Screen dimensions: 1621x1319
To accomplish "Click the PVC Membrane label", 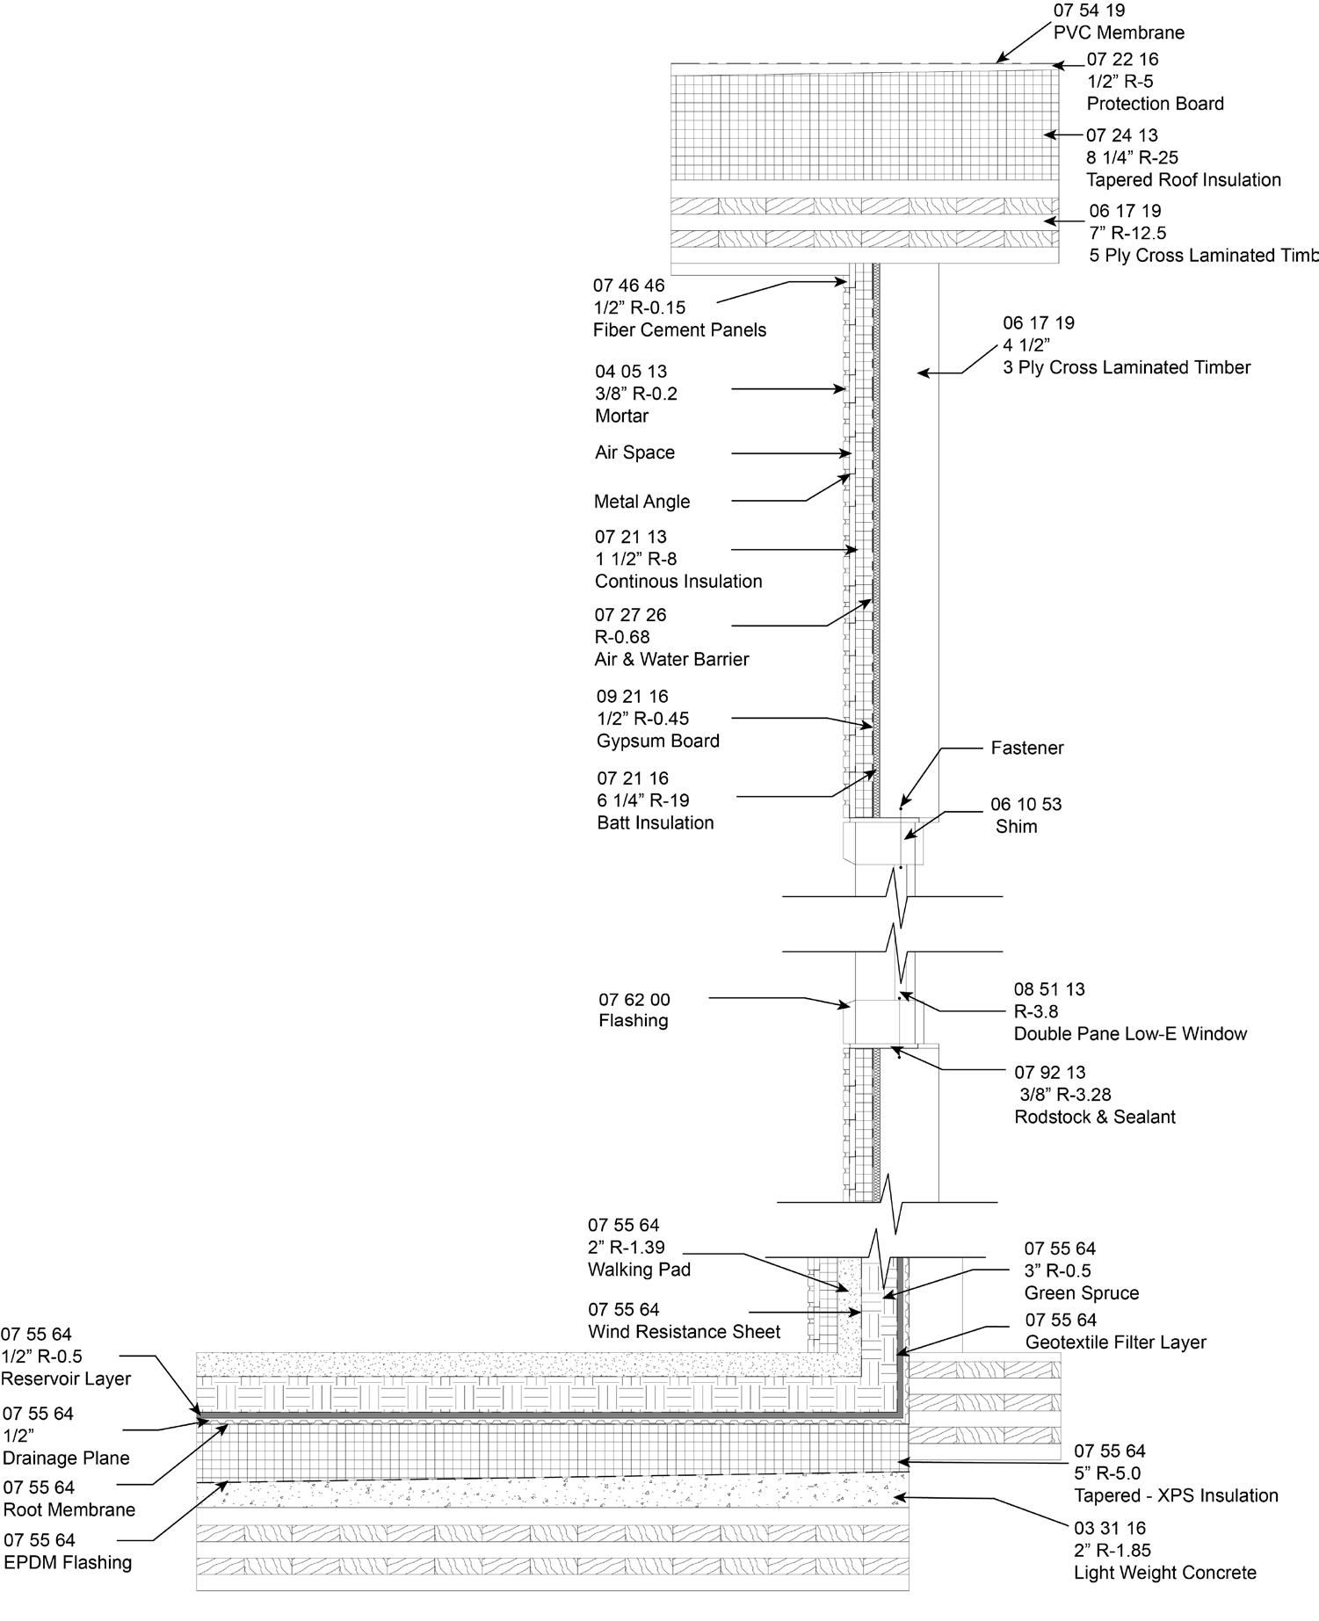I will click(1119, 33).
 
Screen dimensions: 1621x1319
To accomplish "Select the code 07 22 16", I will click(1122, 60).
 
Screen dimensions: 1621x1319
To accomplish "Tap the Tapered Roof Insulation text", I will click(1183, 180).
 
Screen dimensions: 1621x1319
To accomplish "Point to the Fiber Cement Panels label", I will click(679, 330).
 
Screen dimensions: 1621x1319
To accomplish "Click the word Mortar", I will click(621, 416).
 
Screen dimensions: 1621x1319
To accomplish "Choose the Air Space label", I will click(634, 453).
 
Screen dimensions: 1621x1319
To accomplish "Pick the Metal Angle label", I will click(641, 502).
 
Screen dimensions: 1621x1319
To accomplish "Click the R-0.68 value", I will click(621, 637).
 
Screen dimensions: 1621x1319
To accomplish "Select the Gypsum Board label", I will click(657, 741).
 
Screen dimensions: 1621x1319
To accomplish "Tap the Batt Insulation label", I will click(655, 823).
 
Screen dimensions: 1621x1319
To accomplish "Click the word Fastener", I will click(1026, 749).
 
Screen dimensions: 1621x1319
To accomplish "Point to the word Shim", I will click(1016, 827).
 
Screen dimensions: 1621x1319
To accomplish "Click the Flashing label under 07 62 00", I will click(633, 1021).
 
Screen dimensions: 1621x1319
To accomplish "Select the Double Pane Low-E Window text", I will click(1130, 1034).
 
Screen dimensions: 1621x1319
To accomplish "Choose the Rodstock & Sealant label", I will click(1094, 1118).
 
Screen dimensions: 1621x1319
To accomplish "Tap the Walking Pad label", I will click(639, 1270).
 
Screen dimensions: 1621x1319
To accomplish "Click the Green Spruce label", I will click(1081, 1293).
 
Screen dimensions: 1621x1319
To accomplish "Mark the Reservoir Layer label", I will click(66, 1379).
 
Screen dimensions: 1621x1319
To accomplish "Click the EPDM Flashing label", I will click(68, 1563).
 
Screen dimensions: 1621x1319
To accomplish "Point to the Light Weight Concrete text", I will click(1164, 1573).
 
